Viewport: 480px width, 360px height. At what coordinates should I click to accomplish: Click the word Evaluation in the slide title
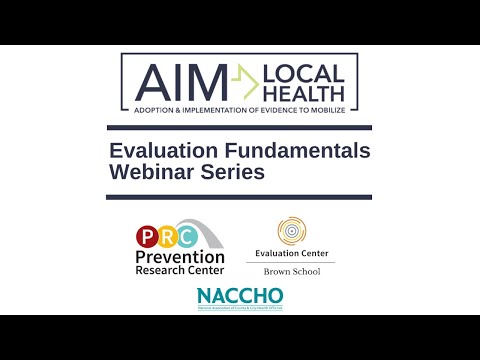[165, 151]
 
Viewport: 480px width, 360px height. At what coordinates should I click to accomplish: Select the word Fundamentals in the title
[299, 151]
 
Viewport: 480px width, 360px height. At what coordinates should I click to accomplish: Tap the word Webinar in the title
[151, 172]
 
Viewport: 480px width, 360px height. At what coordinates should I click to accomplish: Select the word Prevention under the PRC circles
[180, 257]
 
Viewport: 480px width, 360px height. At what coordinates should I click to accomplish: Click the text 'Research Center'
[180, 270]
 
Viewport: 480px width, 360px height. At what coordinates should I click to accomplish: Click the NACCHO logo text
[240, 296]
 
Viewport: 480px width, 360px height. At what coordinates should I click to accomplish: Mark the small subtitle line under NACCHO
[240, 308]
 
